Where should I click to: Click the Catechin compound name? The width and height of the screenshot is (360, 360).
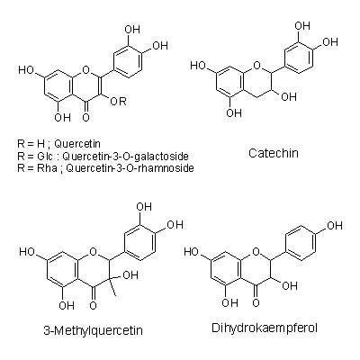tap(274, 153)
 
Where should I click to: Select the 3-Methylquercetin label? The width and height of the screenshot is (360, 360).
tap(93, 330)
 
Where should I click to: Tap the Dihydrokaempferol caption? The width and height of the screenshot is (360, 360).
tap(265, 328)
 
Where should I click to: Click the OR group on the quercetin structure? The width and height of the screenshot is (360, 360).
tap(119, 102)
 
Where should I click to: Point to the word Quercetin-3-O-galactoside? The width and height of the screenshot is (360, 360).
tap(125, 157)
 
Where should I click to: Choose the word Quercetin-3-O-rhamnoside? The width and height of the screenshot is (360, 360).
tap(130, 168)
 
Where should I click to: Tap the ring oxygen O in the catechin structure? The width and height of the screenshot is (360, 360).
tap(256, 64)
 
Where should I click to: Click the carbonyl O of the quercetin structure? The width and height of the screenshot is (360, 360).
tap(86, 117)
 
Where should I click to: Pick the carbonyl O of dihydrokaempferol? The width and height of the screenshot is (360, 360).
tap(256, 302)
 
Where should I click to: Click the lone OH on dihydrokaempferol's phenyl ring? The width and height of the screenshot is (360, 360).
tap(335, 225)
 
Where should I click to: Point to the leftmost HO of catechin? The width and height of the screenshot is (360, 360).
tap(198, 66)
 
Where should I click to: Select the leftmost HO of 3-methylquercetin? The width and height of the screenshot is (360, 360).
tap(27, 251)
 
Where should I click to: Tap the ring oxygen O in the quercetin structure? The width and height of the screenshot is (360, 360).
tap(86, 70)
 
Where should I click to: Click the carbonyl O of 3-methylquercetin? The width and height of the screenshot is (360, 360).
tap(94, 305)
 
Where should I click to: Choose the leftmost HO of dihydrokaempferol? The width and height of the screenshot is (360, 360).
tap(193, 251)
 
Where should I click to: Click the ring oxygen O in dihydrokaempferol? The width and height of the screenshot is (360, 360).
tap(256, 251)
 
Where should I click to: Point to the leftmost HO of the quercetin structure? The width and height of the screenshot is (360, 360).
tap(27, 70)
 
